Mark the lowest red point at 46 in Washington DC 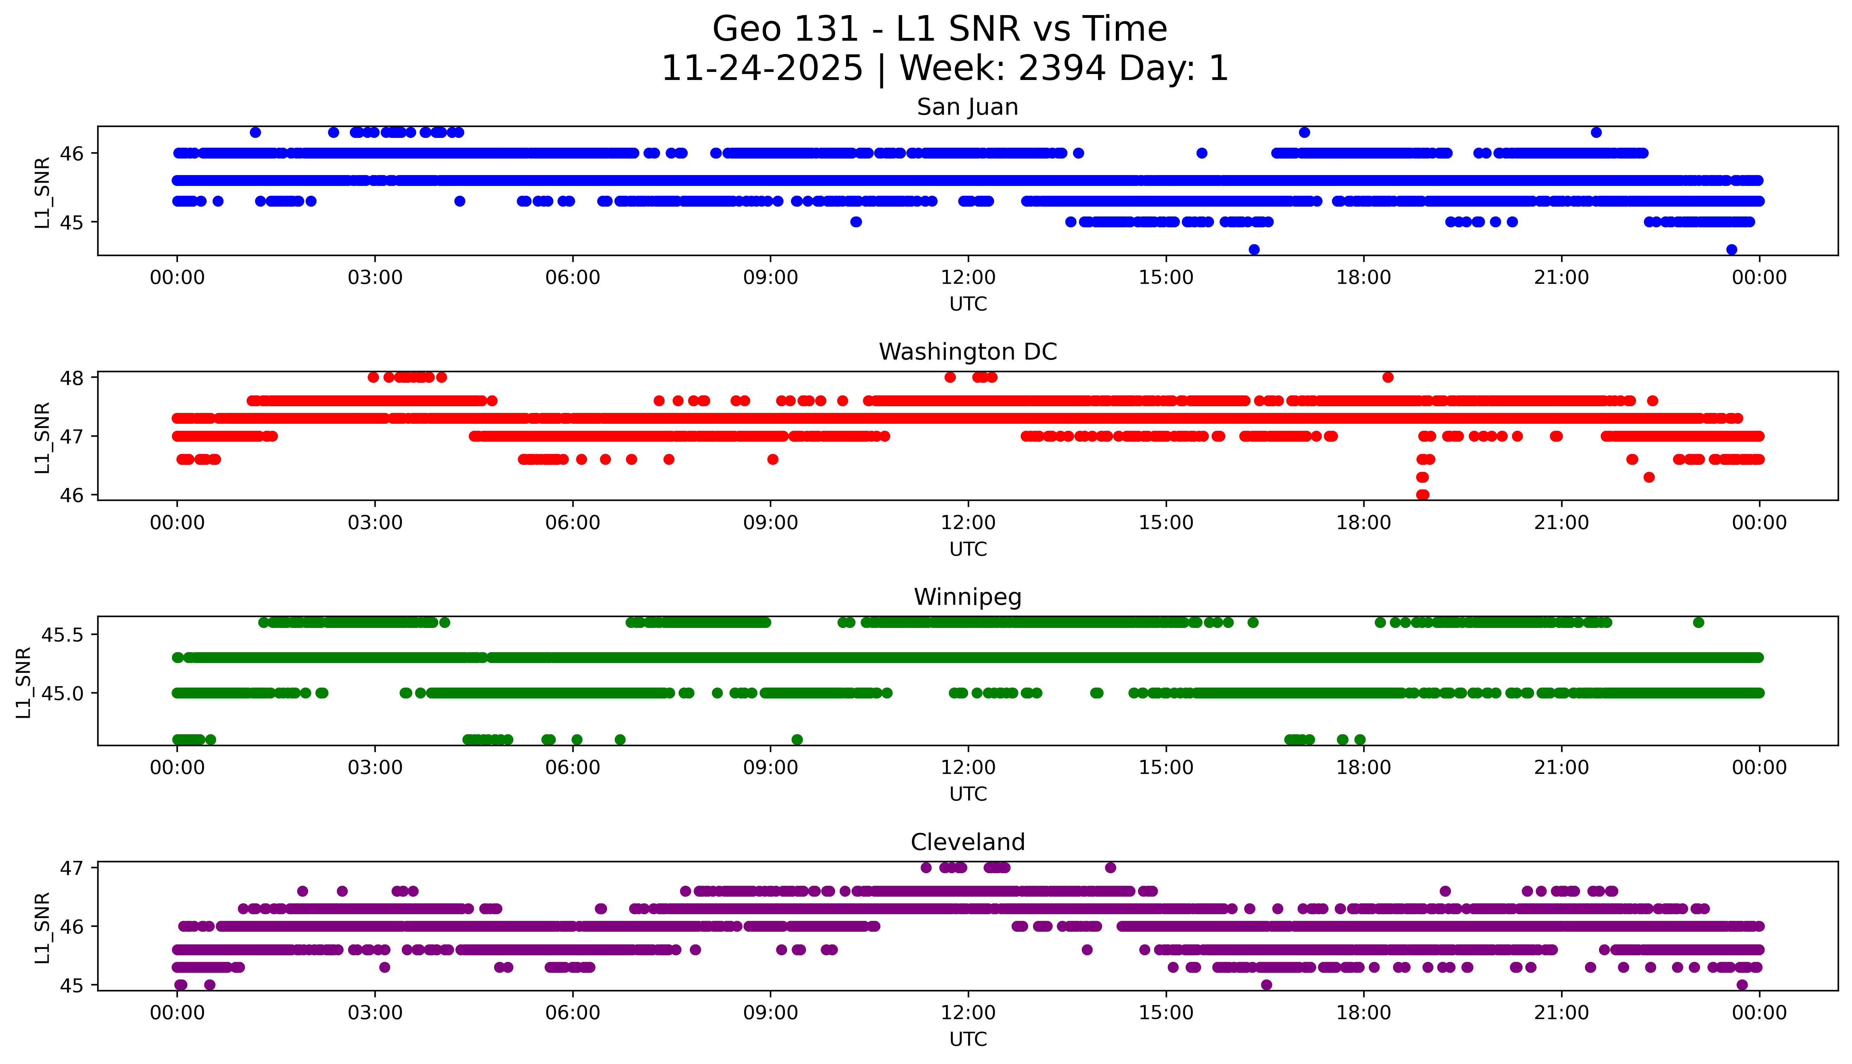click(1422, 495)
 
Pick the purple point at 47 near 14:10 click(1110, 868)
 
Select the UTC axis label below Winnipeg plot click(968, 794)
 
